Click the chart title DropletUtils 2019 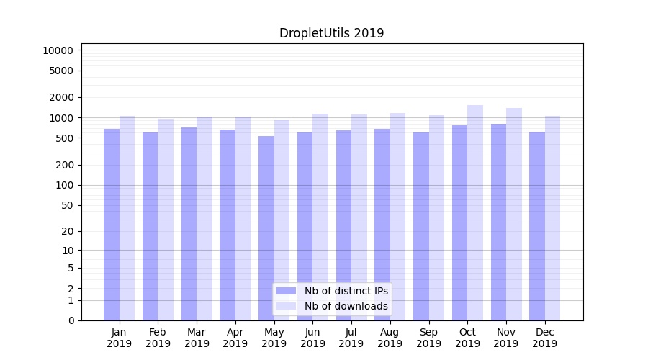[x=331, y=33]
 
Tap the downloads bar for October [x=475, y=212]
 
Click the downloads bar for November [x=514, y=214]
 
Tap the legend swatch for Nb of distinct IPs [x=286, y=291]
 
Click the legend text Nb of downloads [x=346, y=306]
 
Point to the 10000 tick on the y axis [x=58, y=50]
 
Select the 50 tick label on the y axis [x=66, y=205]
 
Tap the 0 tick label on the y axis [x=71, y=320]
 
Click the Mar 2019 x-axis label [x=197, y=338]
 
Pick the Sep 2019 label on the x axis [x=428, y=338]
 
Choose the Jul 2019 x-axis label [x=351, y=338]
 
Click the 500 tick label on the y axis [x=63, y=138]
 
